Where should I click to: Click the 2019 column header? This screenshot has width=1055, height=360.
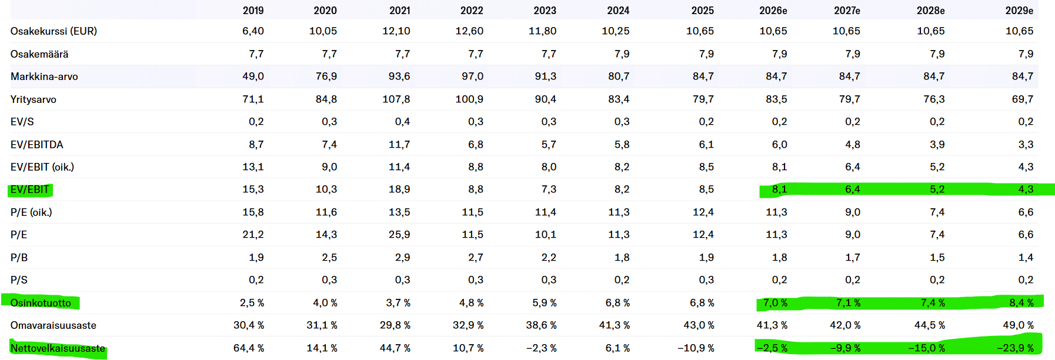point(253,11)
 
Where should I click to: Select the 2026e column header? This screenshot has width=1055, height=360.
point(773,11)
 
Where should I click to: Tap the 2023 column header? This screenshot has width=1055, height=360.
point(545,11)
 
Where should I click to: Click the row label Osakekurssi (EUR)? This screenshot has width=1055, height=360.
point(54,31)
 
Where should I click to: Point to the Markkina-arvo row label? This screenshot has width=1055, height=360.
point(44,76)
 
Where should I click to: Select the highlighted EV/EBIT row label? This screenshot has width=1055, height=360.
point(29,189)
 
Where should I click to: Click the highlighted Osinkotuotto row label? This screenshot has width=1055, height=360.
point(41,303)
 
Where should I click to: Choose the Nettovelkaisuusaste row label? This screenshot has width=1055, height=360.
point(58,348)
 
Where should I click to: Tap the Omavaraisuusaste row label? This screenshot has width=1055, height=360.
point(53,325)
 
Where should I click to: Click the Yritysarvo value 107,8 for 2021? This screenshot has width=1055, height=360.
point(396,99)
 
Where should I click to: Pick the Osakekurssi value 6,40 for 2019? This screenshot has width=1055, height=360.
point(253,31)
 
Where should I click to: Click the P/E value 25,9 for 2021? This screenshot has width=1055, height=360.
point(399,235)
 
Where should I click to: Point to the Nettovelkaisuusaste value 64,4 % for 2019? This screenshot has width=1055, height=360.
point(249,348)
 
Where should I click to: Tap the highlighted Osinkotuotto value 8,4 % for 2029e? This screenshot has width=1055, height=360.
point(1021,303)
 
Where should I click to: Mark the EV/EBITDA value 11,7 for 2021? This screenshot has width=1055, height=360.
point(399,145)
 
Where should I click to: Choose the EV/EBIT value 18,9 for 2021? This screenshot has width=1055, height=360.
point(399,189)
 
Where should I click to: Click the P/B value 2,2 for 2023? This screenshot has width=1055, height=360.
point(549,258)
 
